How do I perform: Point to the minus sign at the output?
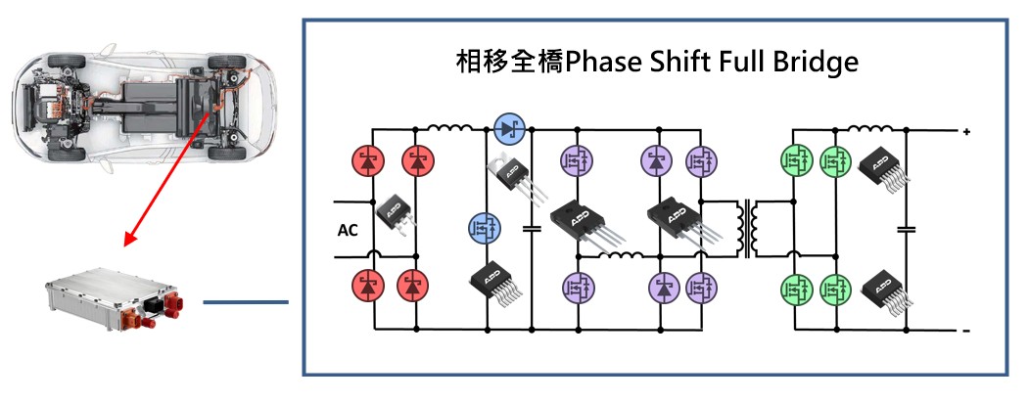pos(965,332)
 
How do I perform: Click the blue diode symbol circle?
pos(508,127)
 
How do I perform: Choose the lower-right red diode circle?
pos(414,287)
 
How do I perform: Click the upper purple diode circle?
pos(657,159)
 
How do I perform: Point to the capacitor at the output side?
pos(906,230)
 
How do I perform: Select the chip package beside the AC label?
pos(394,208)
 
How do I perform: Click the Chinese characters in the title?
pos(498,63)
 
